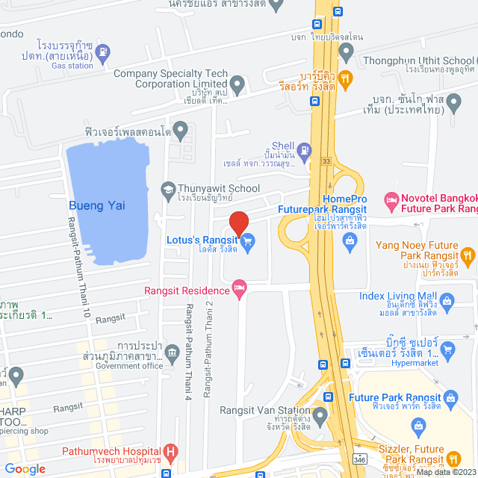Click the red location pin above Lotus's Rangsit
coord(238,223)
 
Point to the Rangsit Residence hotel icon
coord(240,287)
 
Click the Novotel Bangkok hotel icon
coord(390,200)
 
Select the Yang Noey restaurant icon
coord(468,257)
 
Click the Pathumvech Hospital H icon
coord(171,452)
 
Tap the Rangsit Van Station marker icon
coord(320,415)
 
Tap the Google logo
coord(25,468)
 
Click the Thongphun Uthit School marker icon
coord(346,52)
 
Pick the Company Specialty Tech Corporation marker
coord(238,84)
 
